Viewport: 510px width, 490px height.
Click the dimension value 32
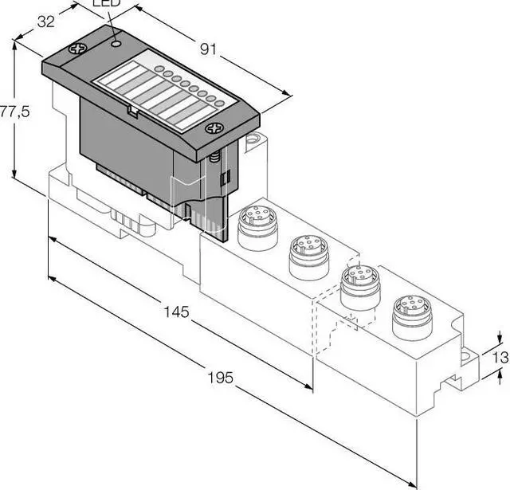(x=46, y=22)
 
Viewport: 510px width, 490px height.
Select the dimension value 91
(x=208, y=49)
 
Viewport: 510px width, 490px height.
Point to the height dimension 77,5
(x=14, y=112)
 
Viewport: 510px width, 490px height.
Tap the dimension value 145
(x=176, y=312)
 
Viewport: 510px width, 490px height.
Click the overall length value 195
(x=221, y=378)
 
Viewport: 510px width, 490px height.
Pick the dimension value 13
(x=500, y=358)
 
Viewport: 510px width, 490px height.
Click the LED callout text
(x=107, y=3)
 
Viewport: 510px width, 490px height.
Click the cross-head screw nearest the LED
(x=78, y=49)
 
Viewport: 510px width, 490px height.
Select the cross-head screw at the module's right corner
(x=214, y=128)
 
